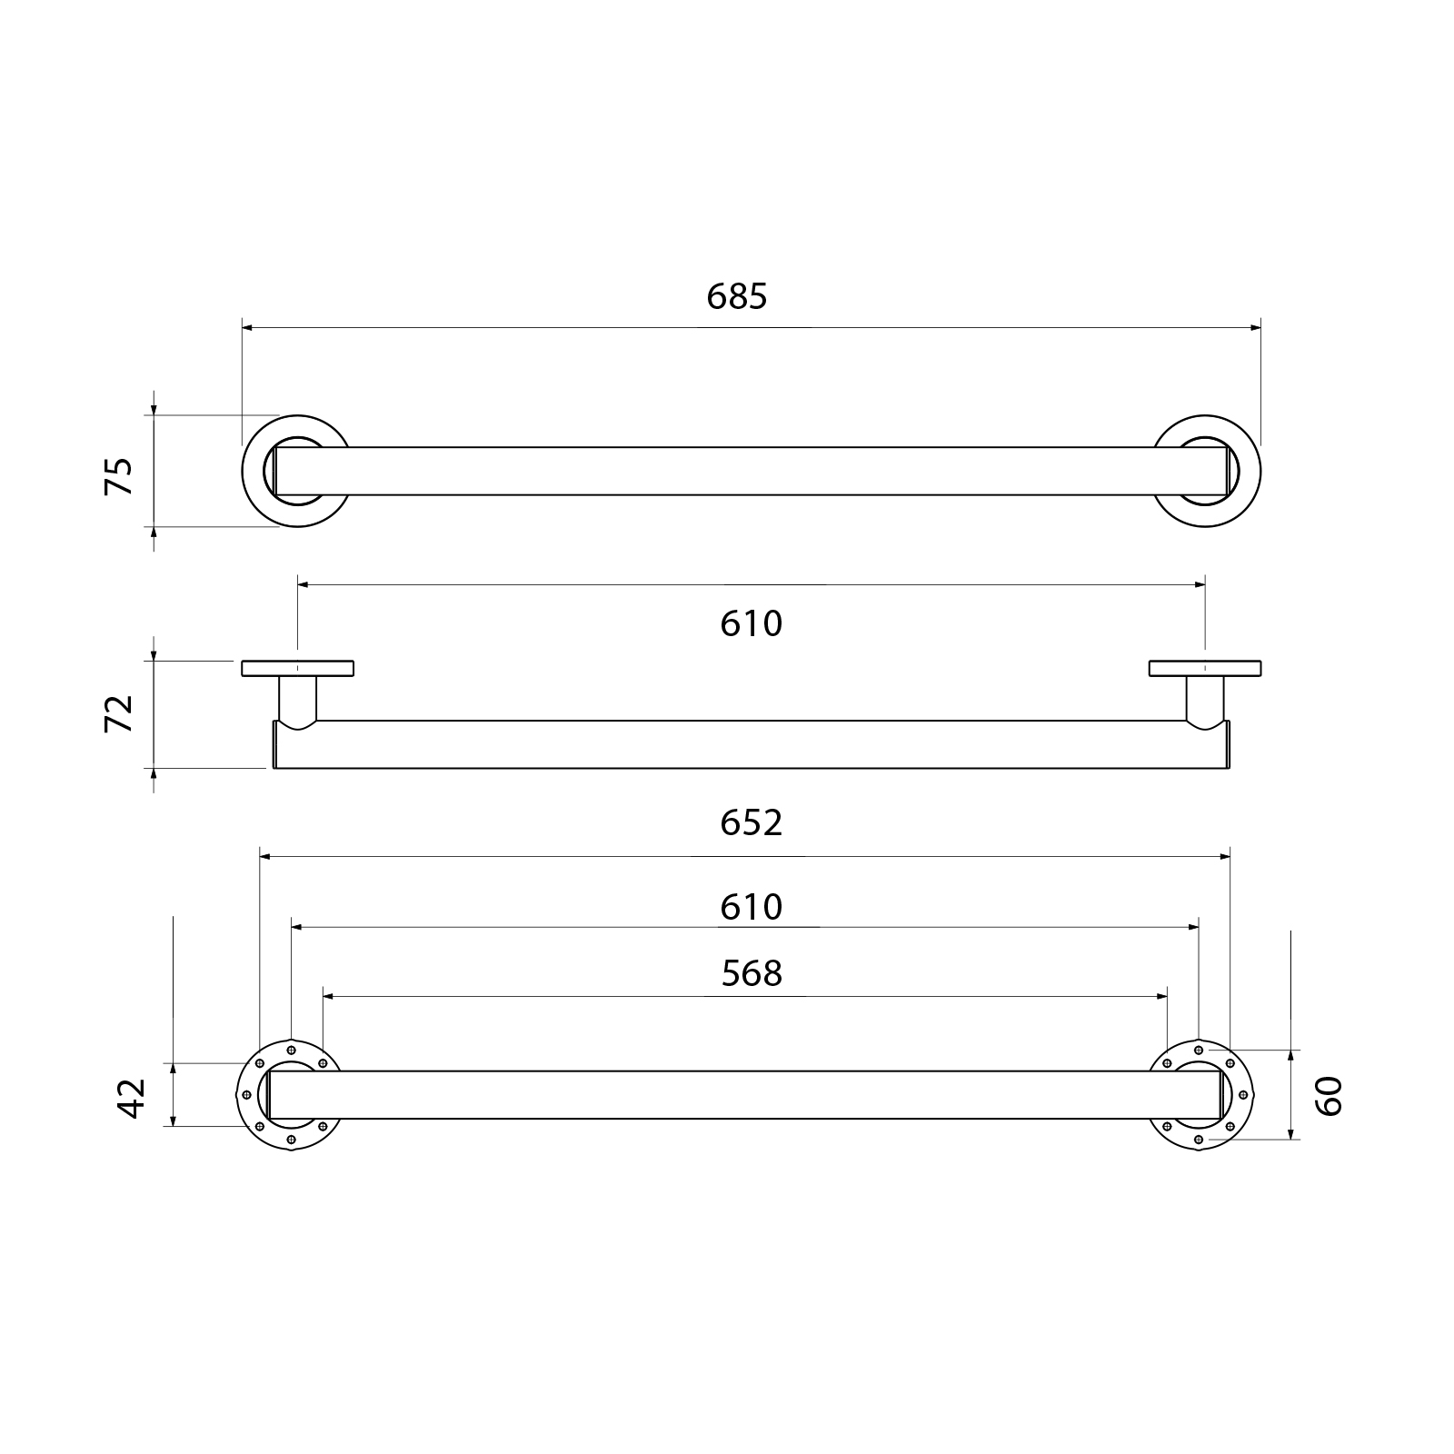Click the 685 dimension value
(737, 296)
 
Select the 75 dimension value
(119, 475)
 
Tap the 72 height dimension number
(119, 712)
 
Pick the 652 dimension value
(752, 822)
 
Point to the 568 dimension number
(752, 973)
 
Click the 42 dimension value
(132, 1098)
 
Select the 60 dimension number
(1328, 1095)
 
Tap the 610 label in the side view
(752, 623)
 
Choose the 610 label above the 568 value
(752, 907)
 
